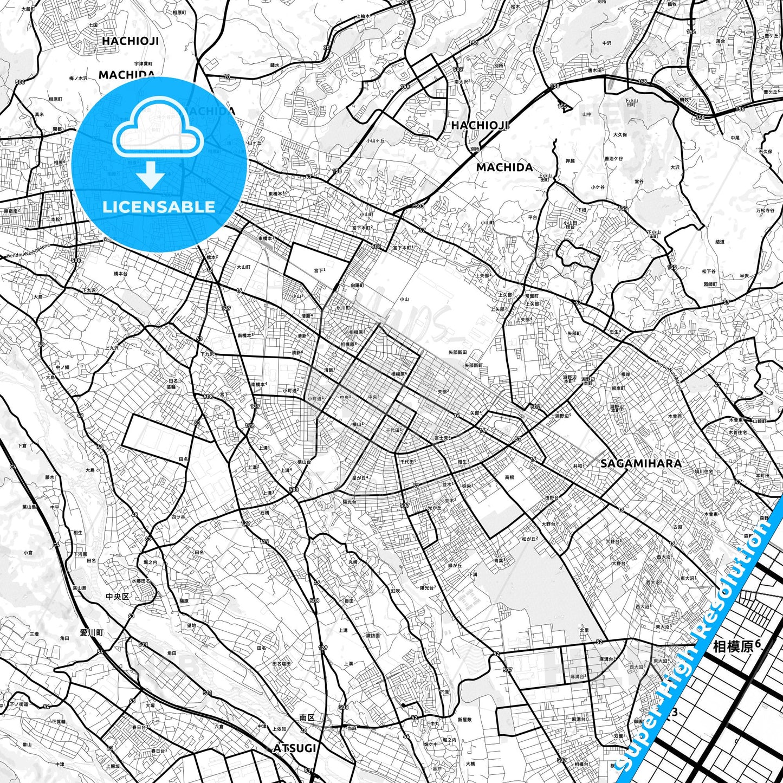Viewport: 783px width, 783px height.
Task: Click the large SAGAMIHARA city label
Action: [x=641, y=463]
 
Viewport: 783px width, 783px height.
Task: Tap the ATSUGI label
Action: [x=295, y=748]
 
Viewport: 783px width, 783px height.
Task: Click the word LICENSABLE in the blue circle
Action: [x=159, y=207]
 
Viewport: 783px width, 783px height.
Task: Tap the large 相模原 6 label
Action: [x=736, y=646]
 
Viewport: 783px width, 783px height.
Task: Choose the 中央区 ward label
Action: [x=118, y=596]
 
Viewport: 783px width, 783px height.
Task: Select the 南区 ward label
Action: [x=307, y=717]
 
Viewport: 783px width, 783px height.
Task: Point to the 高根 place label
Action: [x=509, y=477]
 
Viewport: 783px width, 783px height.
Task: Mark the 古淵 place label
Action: [x=677, y=527]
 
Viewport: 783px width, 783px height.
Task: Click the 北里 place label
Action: [x=584, y=630]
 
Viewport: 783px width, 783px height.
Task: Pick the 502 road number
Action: [x=535, y=406]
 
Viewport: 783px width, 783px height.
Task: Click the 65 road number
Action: [x=132, y=701]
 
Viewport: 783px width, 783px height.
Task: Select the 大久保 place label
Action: [x=620, y=134]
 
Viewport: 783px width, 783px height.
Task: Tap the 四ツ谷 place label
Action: [x=178, y=517]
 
